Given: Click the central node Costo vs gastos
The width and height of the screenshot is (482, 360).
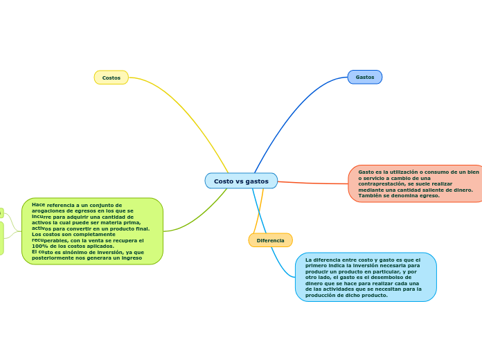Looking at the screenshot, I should [x=241, y=181].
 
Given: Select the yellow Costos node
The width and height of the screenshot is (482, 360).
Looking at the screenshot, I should [x=111, y=78].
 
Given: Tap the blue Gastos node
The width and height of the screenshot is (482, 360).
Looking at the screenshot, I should [x=365, y=78].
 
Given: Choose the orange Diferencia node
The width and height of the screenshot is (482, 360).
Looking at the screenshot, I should [x=270, y=240].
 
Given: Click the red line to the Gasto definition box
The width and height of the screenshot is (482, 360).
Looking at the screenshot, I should [x=312, y=183].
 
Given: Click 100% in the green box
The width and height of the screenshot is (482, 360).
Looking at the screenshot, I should [x=39, y=246].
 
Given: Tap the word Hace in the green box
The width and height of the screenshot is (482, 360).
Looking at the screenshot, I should [x=38, y=205].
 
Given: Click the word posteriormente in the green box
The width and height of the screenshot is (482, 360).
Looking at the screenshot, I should [x=57, y=258].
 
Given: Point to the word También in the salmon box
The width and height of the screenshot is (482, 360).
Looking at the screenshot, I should [x=371, y=195].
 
